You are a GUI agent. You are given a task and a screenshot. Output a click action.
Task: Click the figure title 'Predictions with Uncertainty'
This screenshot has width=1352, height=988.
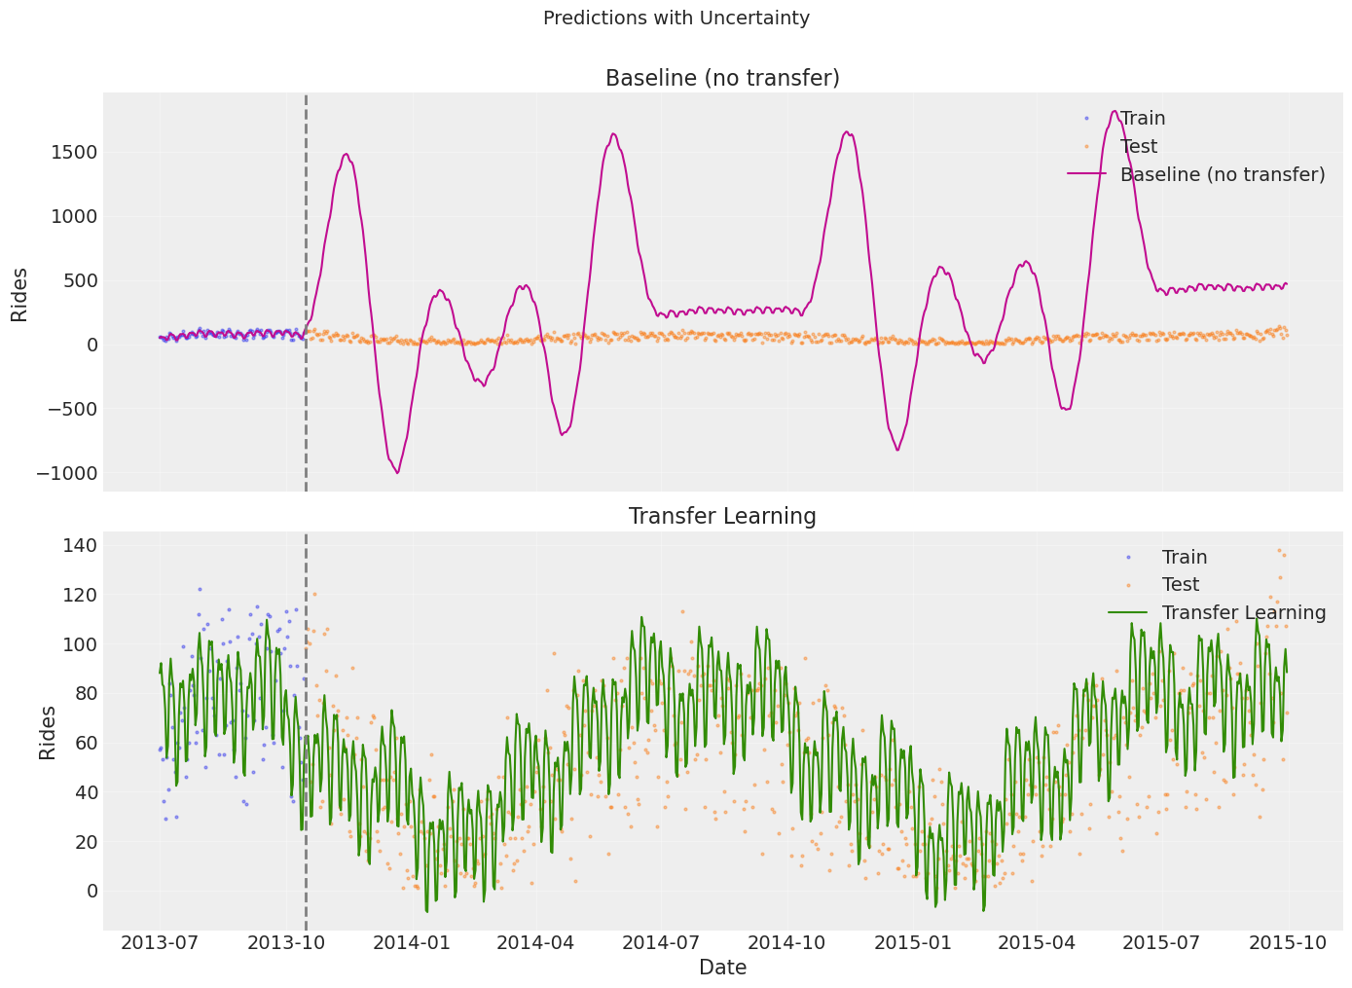pos(676,18)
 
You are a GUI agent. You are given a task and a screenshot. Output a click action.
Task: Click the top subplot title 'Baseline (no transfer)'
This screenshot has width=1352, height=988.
pos(722,78)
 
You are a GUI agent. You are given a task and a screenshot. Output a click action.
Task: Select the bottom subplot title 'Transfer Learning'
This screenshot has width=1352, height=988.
pos(722,516)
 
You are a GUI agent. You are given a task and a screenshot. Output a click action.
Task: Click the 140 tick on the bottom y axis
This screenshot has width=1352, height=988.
pos(78,545)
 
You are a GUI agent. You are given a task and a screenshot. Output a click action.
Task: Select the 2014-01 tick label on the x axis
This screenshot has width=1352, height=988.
pos(410,942)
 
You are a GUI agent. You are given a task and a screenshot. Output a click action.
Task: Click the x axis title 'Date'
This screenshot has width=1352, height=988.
pos(722,968)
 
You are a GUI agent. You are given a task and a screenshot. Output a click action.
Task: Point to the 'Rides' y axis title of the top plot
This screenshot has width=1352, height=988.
pos(19,294)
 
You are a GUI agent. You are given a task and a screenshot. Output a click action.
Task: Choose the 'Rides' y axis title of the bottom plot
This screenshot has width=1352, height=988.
pos(48,732)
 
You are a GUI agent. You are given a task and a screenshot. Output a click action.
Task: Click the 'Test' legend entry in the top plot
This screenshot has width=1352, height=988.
pos(1138,146)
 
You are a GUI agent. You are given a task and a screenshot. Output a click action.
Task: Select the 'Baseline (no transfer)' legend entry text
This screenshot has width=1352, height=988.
pos(1222,174)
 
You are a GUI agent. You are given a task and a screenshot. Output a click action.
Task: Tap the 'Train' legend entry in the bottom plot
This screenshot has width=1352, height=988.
pos(1184,557)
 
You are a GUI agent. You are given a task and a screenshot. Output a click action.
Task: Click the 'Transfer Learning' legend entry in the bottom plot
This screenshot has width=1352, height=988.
pos(1243,612)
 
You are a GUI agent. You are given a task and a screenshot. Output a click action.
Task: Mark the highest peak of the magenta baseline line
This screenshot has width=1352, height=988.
pos(1114,111)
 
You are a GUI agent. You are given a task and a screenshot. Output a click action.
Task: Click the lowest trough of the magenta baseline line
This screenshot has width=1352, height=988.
pos(397,473)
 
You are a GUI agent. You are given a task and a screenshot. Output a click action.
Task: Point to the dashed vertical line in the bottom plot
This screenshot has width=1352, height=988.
pos(306,730)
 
